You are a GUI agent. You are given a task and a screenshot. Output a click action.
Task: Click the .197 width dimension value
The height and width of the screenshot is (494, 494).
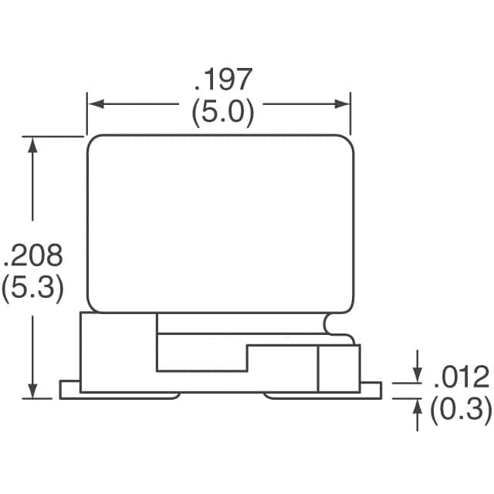pyautogui.click(x=223, y=80)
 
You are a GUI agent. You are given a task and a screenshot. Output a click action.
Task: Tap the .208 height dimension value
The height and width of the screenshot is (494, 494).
pyautogui.click(x=32, y=255)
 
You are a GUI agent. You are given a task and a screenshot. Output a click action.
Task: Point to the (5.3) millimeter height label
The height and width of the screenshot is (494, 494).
pyautogui.click(x=32, y=289)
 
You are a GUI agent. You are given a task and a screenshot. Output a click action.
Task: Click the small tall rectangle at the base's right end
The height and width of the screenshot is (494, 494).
pyautogui.click(x=339, y=369)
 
